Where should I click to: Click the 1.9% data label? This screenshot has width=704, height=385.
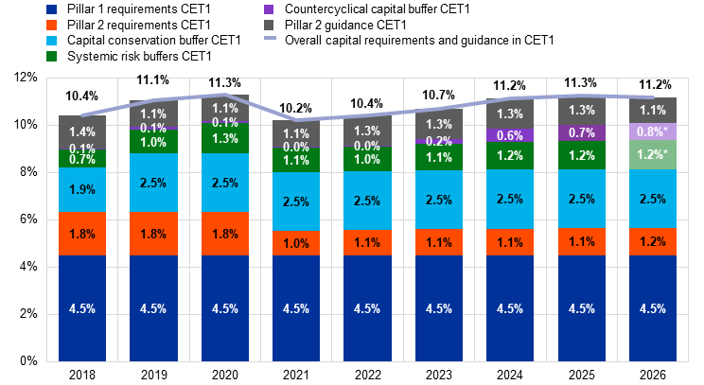[82, 190]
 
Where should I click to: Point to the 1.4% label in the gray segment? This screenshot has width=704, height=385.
[82, 132]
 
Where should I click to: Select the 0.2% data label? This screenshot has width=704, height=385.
[439, 141]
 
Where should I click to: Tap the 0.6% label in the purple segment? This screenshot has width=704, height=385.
[510, 136]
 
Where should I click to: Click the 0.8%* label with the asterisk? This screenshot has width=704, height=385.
[653, 131]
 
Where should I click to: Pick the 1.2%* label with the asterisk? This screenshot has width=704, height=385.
[653, 155]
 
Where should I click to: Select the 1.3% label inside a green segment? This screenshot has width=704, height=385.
[225, 139]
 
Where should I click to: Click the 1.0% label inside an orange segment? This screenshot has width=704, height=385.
[296, 244]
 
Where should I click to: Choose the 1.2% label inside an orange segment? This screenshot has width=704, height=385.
[653, 242]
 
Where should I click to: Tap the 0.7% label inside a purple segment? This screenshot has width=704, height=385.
[582, 133]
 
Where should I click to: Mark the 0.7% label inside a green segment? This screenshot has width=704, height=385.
[82, 159]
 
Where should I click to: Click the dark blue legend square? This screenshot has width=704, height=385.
[51, 9]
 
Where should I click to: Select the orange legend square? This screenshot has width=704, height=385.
[51, 25]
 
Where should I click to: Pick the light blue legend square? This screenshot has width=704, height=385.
[51, 41]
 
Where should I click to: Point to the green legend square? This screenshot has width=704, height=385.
[51, 57]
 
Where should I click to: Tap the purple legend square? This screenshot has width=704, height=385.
[269, 9]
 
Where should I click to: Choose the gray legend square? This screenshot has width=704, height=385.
[269, 25]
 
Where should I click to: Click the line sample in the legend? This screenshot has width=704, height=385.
[270, 39]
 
